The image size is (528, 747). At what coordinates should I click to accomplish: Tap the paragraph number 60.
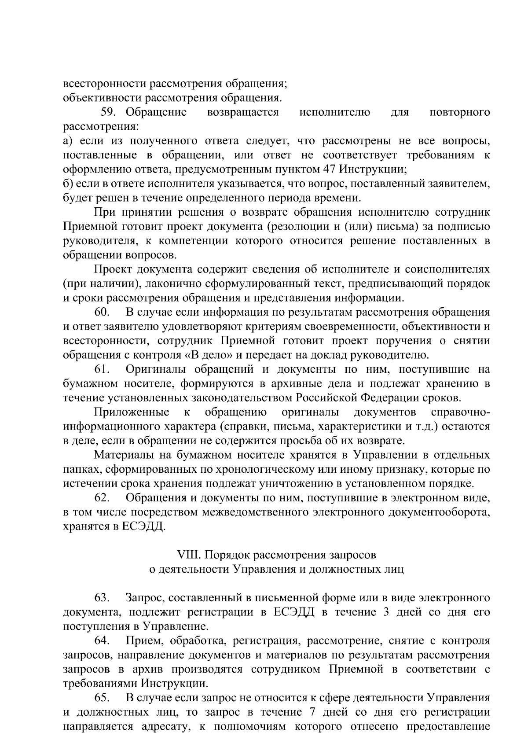click(102, 313)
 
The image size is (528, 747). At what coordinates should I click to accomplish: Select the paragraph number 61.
click(102, 370)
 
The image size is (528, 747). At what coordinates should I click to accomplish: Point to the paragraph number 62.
click(102, 498)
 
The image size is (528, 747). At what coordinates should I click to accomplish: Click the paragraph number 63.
click(102, 598)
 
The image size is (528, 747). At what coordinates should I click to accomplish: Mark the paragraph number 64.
click(102, 641)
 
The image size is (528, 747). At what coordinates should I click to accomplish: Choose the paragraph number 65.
click(102, 698)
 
